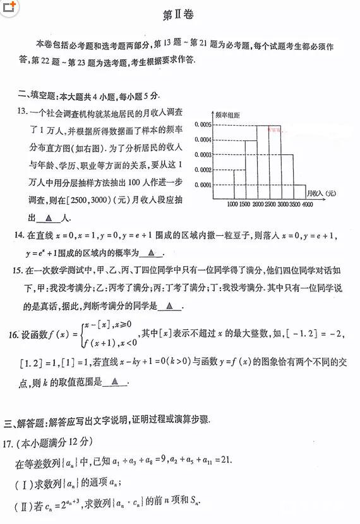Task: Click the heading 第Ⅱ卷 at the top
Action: tap(180, 13)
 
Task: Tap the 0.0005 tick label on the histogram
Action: tap(203, 125)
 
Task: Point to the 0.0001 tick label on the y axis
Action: tap(203, 185)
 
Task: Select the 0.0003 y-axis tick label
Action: tap(203, 155)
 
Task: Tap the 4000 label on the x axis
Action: tap(307, 204)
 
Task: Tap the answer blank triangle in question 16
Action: tap(114, 382)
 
